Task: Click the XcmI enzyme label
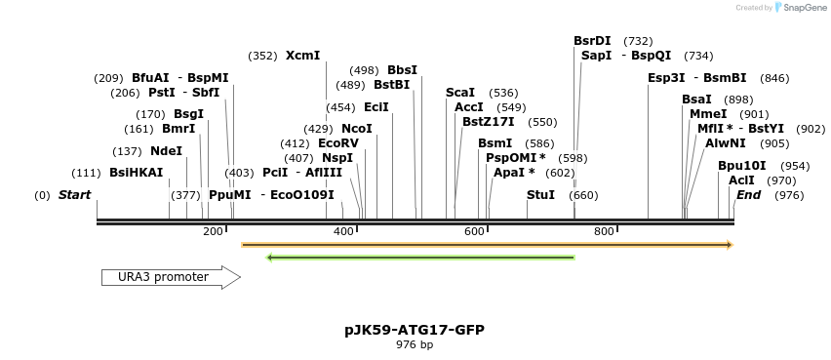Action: coord(302,56)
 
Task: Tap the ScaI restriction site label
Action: coord(460,93)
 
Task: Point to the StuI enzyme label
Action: coord(540,195)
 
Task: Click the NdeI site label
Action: coord(166,151)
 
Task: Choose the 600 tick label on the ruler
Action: coord(473,231)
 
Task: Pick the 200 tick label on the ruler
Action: coord(213,231)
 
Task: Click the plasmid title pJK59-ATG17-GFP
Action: coord(415,331)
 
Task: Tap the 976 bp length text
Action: coord(415,345)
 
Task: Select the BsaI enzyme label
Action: coord(696,100)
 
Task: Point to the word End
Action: coord(748,195)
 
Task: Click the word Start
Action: coord(74,195)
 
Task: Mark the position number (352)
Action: coord(263,56)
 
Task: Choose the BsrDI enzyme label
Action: coord(592,41)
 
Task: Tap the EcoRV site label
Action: coord(338,143)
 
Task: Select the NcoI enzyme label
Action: coord(357,129)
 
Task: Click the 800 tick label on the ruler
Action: coord(604,231)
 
